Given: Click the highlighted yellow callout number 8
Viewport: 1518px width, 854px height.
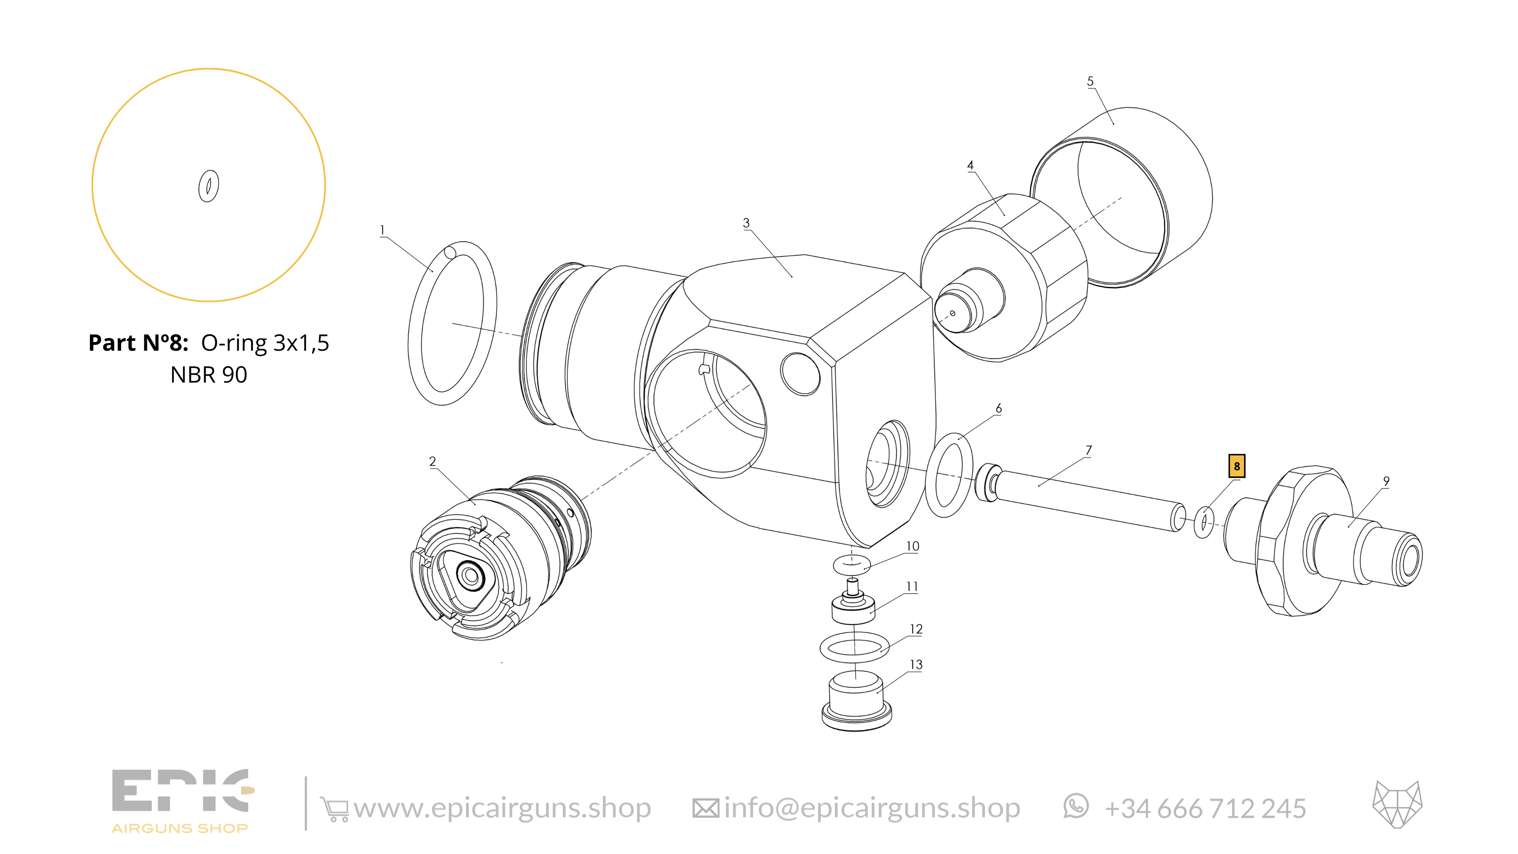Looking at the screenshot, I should pos(1236,466).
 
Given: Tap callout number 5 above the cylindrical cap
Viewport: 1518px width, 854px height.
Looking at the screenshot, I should pos(1090,81).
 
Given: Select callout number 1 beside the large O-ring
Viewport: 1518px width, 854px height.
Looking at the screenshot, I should pos(383,230).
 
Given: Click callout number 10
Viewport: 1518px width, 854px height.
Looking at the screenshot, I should pos(912,546).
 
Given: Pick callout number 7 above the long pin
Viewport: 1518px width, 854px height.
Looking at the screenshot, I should pos(1088,450).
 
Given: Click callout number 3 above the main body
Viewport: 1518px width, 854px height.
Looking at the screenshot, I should pos(746,223).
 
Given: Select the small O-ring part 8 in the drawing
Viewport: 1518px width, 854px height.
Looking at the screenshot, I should pos(1204,522).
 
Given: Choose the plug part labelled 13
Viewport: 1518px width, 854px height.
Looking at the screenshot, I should pos(856,704).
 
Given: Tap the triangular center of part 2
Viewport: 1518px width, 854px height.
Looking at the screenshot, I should pos(470,575).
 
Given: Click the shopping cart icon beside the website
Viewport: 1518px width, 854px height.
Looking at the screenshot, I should pos(334,808).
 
